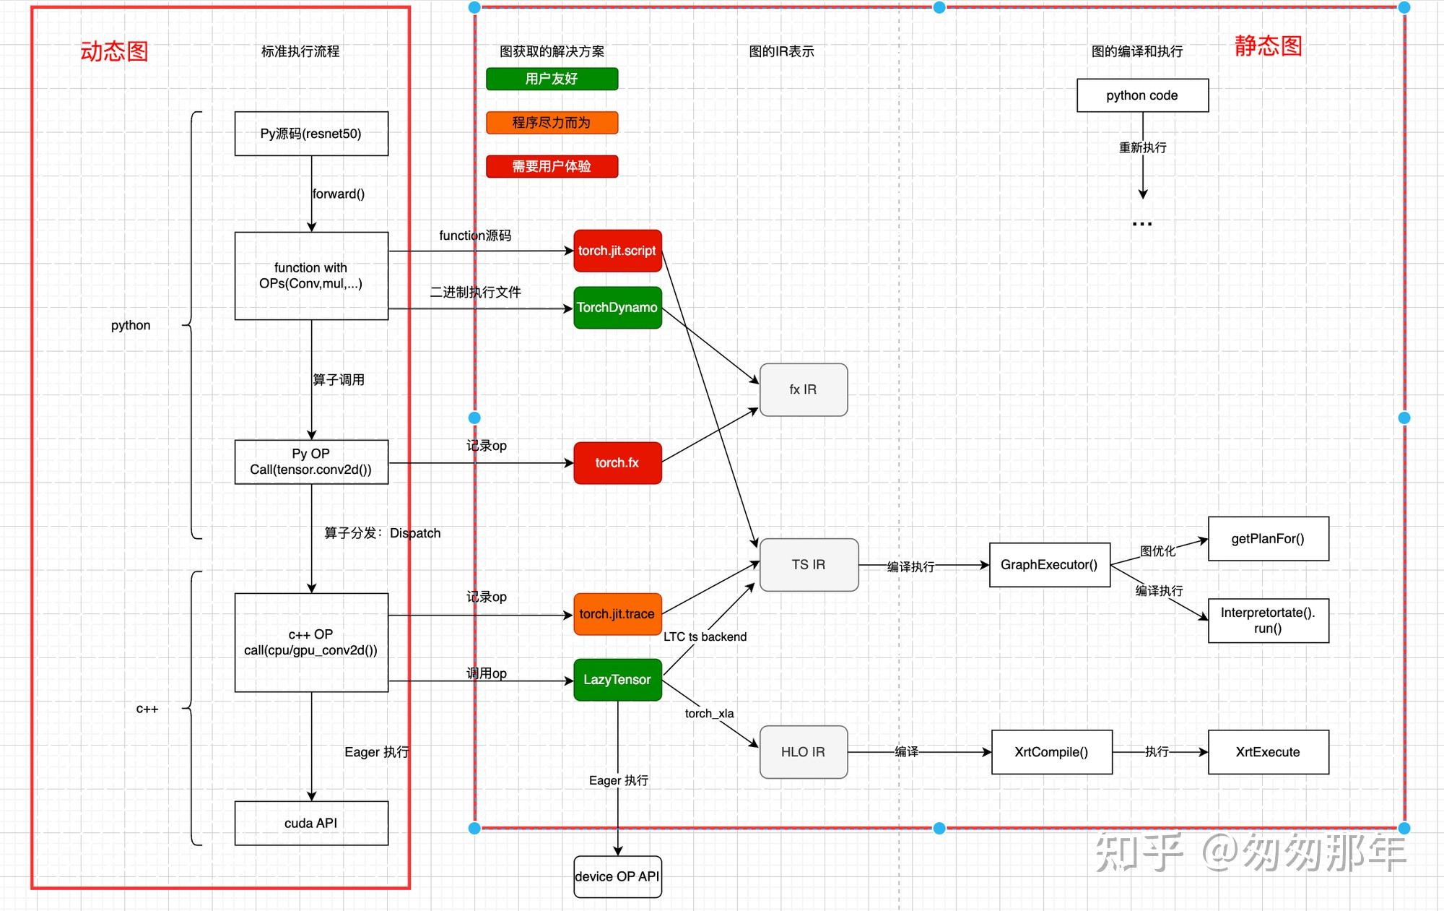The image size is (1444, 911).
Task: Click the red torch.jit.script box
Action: (x=617, y=251)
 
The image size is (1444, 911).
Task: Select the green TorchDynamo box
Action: (x=617, y=308)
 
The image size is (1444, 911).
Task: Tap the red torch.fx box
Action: (x=617, y=463)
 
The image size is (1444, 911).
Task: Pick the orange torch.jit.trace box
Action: (x=617, y=614)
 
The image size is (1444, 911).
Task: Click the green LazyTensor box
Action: (x=617, y=680)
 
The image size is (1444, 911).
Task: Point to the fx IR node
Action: (x=803, y=390)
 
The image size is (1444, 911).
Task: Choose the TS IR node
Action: (x=809, y=565)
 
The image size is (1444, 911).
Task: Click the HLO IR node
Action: (x=803, y=752)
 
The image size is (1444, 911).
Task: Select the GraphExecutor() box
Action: (x=1049, y=565)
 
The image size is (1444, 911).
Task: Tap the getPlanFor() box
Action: (x=1268, y=539)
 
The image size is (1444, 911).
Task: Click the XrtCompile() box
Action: (x=1051, y=752)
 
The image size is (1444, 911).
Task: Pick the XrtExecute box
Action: (x=1268, y=752)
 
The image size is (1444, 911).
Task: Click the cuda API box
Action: (x=311, y=824)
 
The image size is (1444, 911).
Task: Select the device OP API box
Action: (x=617, y=877)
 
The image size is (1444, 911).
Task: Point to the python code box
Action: (x=1142, y=95)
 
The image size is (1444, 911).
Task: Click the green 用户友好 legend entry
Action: (x=552, y=79)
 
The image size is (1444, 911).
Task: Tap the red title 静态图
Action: (x=1268, y=46)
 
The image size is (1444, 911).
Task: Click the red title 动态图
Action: (x=114, y=51)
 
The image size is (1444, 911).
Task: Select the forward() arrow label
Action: (x=339, y=194)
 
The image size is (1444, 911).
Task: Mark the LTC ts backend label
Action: (x=705, y=636)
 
